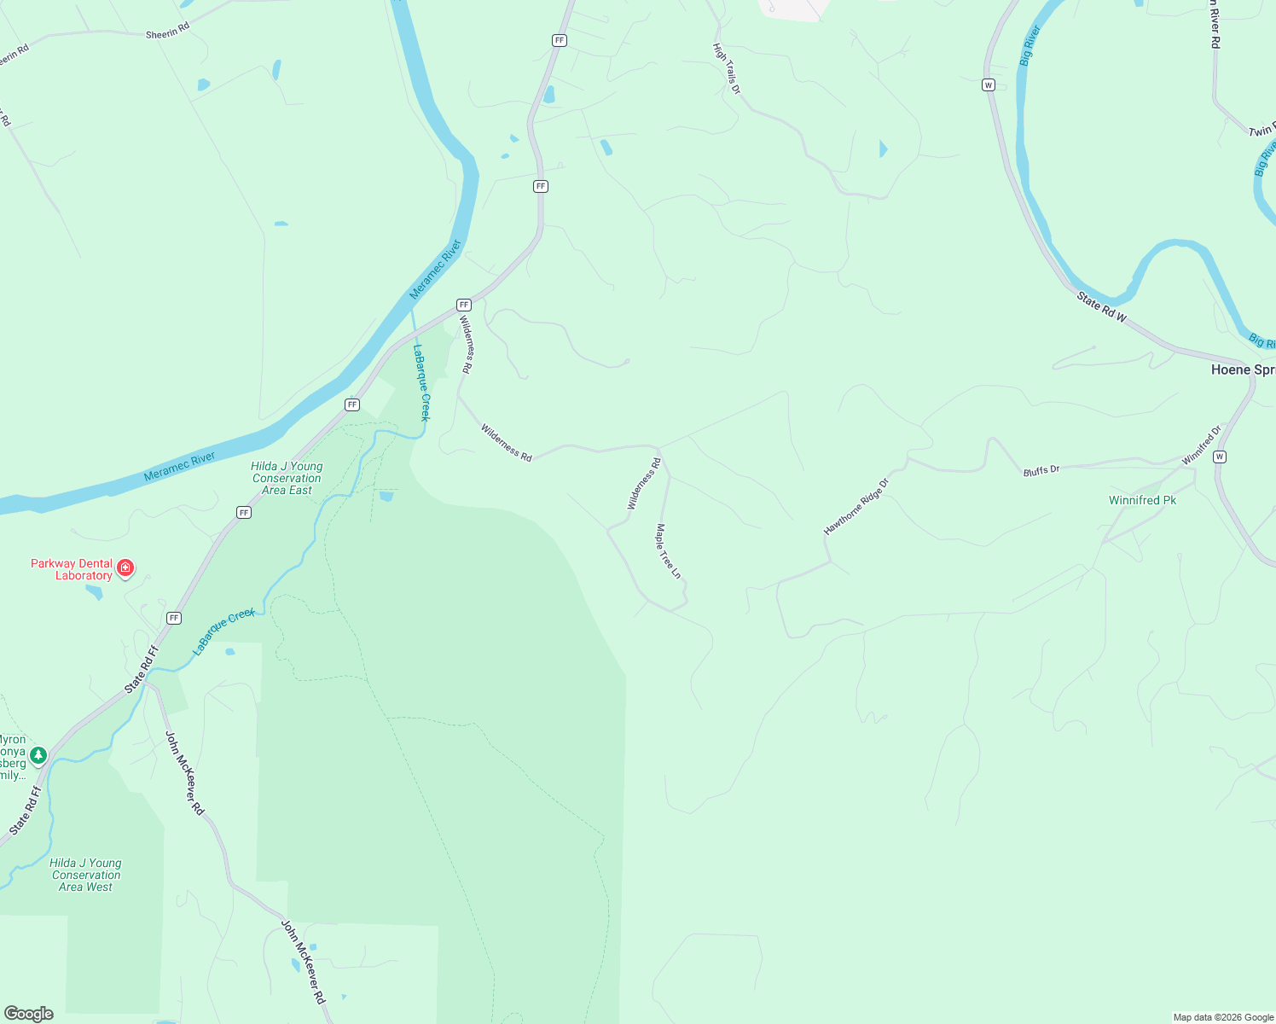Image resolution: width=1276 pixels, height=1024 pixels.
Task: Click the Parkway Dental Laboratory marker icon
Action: click(x=125, y=568)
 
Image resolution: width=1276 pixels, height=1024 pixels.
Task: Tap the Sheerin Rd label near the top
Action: click(x=167, y=32)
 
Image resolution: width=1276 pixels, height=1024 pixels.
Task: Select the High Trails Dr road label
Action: click(x=727, y=68)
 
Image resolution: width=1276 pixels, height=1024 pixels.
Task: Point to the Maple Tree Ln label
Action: click(x=668, y=551)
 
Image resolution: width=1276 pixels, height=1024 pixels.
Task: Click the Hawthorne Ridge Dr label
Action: click(x=855, y=507)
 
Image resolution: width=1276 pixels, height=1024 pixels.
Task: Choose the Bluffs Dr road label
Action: click(x=1041, y=470)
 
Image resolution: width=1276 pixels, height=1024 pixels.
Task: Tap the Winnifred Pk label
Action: click(x=1142, y=500)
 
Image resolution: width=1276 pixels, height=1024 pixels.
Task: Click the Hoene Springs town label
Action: click(x=1243, y=369)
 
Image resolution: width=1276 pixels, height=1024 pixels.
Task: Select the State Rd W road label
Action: click(x=1101, y=307)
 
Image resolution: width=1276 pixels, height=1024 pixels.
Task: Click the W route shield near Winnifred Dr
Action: click(x=1220, y=457)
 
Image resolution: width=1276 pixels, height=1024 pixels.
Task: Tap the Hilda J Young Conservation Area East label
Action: click(x=287, y=478)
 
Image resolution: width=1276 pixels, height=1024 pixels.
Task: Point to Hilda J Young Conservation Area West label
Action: click(x=85, y=875)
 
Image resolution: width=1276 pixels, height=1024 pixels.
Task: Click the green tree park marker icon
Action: click(x=38, y=755)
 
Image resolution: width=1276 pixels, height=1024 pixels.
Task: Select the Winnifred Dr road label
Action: click(x=1202, y=445)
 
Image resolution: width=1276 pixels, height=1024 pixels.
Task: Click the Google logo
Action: click(x=29, y=1014)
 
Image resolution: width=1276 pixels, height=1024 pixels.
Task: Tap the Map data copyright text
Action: click(x=1223, y=1017)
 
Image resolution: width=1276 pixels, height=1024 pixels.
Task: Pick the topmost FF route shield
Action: click(x=560, y=40)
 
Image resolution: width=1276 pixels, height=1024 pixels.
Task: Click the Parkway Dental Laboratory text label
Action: click(x=72, y=569)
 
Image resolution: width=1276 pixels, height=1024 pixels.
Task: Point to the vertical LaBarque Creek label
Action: click(x=421, y=381)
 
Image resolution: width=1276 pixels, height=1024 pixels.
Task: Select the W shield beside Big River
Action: click(x=989, y=84)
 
